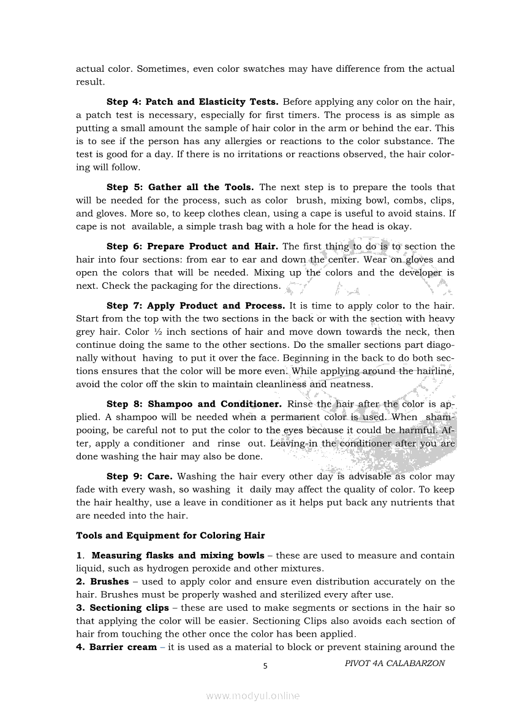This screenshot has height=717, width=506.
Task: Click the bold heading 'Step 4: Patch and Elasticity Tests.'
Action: click(x=192, y=102)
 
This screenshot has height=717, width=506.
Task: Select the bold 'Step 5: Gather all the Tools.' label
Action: click(x=181, y=187)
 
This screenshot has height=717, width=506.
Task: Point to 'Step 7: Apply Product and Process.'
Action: click(x=195, y=305)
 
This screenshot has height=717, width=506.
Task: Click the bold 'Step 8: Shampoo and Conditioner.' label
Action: click(x=194, y=404)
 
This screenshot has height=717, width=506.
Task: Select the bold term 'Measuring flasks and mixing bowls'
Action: click(x=178, y=556)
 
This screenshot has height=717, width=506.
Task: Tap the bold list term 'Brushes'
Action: click(x=109, y=581)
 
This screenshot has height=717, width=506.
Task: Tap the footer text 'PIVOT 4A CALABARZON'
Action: click(x=395, y=663)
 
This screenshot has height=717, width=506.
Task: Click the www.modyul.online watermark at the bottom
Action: click(x=253, y=696)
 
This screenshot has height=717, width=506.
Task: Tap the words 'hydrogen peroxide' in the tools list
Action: click(x=164, y=568)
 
